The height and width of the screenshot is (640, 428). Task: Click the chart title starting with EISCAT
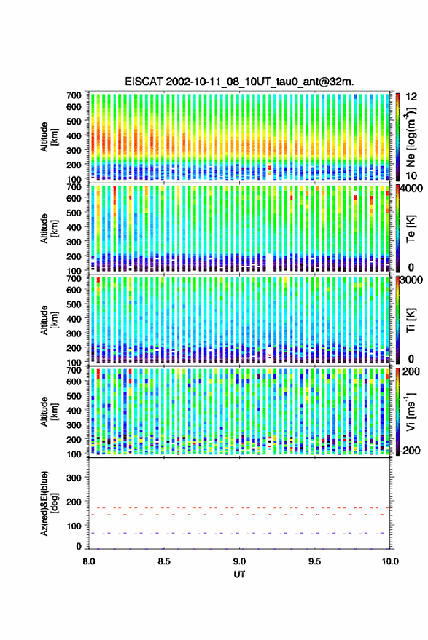pos(239,82)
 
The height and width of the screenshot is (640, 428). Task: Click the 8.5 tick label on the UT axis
pos(164,561)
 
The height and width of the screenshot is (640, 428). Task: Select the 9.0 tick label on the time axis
pos(239,561)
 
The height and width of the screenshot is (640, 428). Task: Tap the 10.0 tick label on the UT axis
pos(390,561)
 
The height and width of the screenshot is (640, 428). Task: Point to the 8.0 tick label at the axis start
pos(89,561)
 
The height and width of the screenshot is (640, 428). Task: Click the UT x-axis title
pos(239,574)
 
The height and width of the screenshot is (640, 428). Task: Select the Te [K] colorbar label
pos(411,228)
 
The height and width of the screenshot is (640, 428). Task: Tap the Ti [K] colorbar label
pos(411,320)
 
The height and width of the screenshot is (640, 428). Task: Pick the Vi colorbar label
pos(411,411)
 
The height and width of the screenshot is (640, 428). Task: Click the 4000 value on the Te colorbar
pos(412,189)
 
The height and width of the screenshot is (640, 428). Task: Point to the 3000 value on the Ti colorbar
pos(412,280)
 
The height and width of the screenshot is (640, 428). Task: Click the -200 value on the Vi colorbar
pos(411,451)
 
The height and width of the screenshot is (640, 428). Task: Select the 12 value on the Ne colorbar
pos(411,97)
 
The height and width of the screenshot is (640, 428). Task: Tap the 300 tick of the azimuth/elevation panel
pos(74,478)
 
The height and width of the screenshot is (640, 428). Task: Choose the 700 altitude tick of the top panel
pos(74,95)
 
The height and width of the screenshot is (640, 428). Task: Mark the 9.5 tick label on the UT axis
pos(314,561)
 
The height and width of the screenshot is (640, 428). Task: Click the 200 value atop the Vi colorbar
pos(411,371)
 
